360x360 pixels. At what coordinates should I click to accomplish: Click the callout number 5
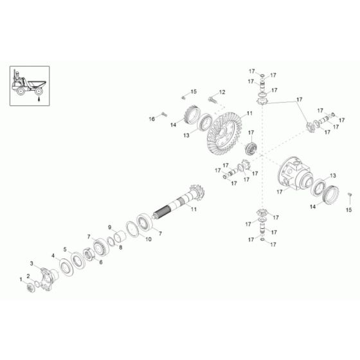[x=65, y=249]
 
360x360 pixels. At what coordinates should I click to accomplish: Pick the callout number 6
[x=100, y=262]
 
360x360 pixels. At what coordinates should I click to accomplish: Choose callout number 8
[x=121, y=246]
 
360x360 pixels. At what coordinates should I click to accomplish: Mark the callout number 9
[x=110, y=227]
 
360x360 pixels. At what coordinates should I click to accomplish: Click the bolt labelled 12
[x=213, y=100]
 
